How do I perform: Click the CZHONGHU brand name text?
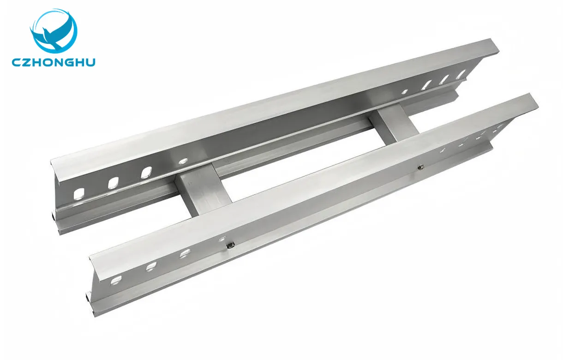coord(54,62)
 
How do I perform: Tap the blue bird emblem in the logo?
coord(54,31)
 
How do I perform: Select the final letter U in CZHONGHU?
coord(90,62)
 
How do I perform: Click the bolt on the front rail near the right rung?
coord(419,168)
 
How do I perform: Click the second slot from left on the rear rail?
coord(113,183)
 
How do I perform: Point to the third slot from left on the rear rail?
coord(146,172)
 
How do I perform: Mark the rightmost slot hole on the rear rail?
coord(461,74)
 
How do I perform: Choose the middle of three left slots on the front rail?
coord(151,266)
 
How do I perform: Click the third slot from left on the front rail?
coord(185,253)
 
